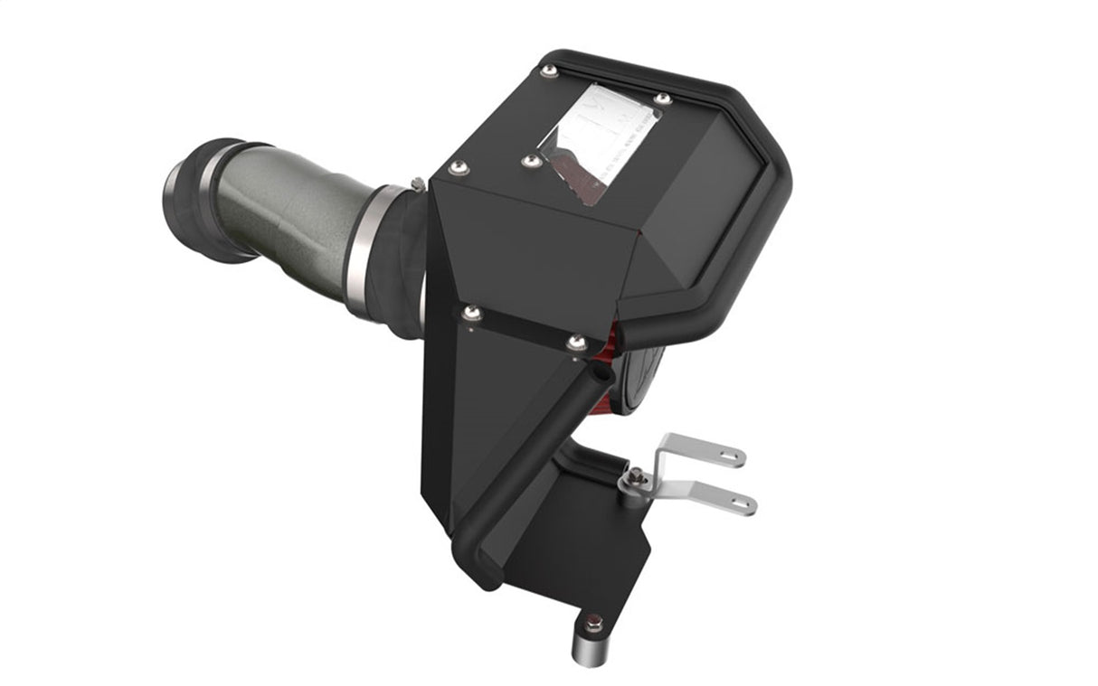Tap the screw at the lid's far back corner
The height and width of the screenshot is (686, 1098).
(548, 71)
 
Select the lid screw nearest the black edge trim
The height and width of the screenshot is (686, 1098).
(662, 99)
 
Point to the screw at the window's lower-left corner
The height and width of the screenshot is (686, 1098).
(532, 161)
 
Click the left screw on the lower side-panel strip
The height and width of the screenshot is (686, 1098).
(469, 313)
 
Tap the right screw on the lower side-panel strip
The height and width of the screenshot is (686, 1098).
(575, 343)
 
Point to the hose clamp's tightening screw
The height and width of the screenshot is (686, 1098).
(416, 183)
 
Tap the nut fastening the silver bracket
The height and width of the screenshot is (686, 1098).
(638, 476)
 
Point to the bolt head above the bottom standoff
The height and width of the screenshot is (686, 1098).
(592, 623)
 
